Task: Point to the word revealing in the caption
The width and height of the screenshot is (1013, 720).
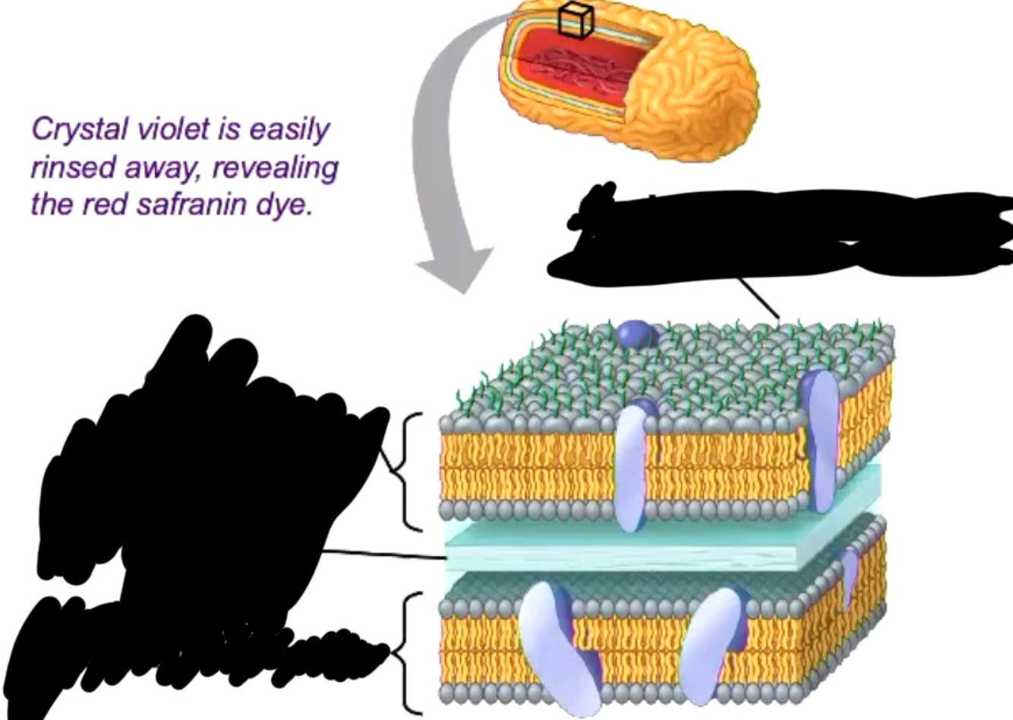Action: point(275,167)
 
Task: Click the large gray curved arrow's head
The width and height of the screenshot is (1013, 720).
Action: point(454,269)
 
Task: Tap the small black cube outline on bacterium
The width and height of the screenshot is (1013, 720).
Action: point(575,19)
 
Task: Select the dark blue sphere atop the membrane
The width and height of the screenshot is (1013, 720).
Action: point(634,334)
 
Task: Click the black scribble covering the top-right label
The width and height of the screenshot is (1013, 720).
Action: point(782,231)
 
